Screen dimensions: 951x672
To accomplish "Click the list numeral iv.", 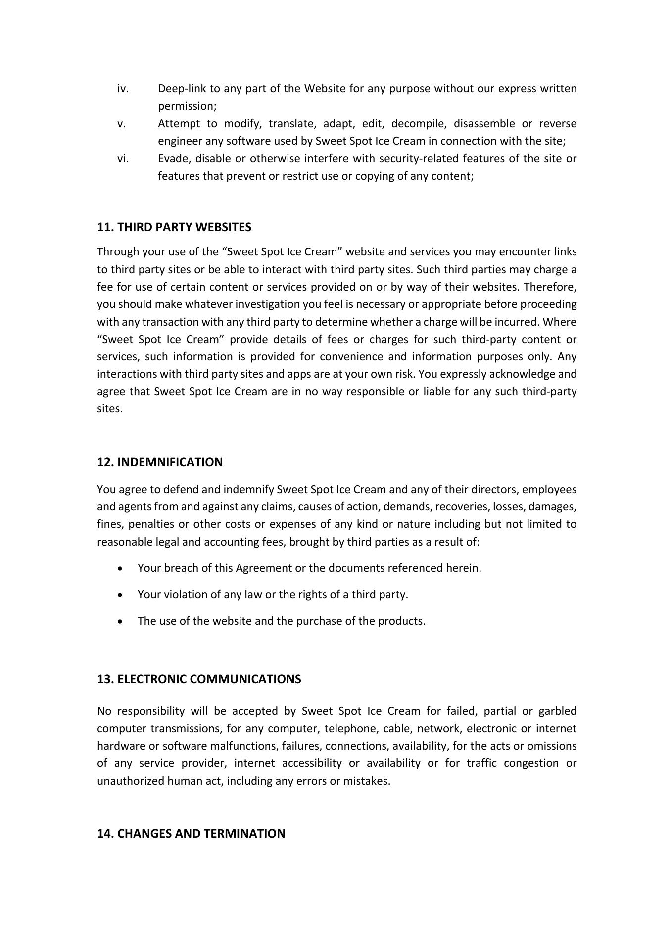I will coord(123,89).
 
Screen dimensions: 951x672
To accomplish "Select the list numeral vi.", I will coord(123,159).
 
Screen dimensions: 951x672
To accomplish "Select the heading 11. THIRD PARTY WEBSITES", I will coord(174,227).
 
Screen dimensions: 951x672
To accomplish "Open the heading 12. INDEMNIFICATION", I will coord(160,462).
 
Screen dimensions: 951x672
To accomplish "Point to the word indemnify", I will coord(248,490).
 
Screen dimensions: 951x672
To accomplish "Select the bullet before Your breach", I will coord(121,569).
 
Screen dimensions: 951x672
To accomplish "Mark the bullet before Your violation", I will coord(121,595).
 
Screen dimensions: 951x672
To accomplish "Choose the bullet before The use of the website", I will coord(121,622).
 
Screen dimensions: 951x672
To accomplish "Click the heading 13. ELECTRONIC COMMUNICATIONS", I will coord(199,679).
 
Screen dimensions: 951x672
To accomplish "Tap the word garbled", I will coord(557,711).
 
